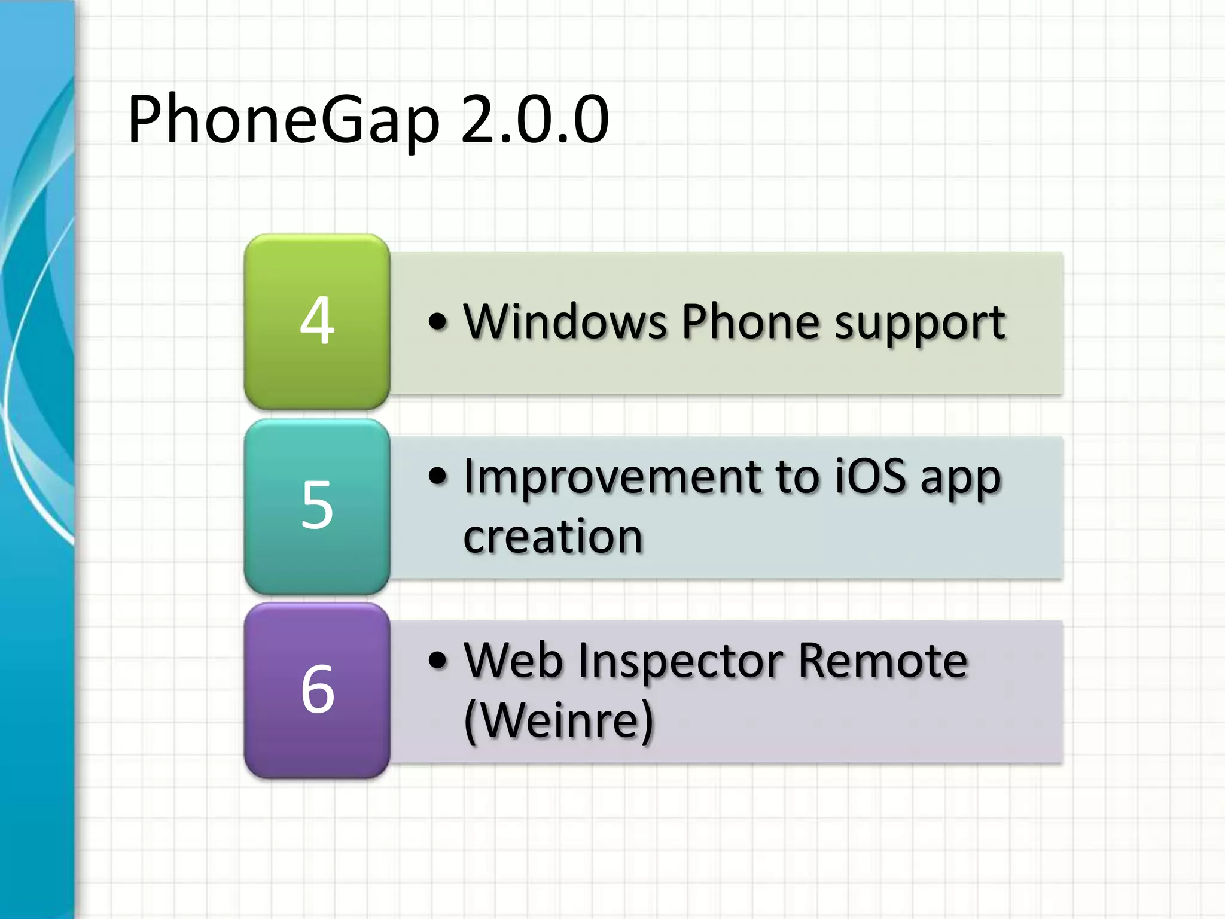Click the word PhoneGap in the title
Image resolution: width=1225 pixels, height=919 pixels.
pyautogui.click(x=283, y=120)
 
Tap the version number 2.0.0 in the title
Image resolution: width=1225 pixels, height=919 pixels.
pyautogui.click(x=534, y=120)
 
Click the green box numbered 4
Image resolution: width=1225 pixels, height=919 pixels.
pyautogui.click(x=317, y=321)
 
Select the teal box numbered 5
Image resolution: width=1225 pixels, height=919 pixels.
pyautogui.click(x=317, y=506)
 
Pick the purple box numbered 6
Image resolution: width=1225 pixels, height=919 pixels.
pyautogui.click(x=317, y=690)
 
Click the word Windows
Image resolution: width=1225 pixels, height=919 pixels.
pyautogui.click(x=565, y=322)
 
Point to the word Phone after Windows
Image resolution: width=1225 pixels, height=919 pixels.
pyautogui.click(x=750, y=322)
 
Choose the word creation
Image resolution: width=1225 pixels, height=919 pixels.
pyautogui.click(x=553, y=536)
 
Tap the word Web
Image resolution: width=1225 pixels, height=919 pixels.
pyautogui.click(x=513, y=661)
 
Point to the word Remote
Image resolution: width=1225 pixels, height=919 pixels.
pyautogui.click(x=882, y=661)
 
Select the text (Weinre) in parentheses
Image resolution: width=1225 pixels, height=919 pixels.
pyautogui.click(x=559, y=720)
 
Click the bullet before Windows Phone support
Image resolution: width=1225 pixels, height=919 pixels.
pyautogui.click(x=438, y=322)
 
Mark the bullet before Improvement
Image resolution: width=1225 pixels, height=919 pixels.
pyautogui.click(x=438, y=477)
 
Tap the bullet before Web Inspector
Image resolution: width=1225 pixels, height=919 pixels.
pyautogui.click(x=438, y=661)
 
